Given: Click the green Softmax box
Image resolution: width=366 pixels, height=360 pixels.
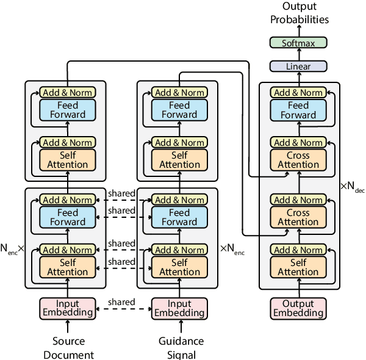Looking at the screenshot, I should pyautogui.click(x=298, y=43).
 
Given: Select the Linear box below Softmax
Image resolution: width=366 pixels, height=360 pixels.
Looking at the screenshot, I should pyautogui.click(x=298, y=67).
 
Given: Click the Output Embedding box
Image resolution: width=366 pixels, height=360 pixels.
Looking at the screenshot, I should pyautogui.click(x=298, y=308).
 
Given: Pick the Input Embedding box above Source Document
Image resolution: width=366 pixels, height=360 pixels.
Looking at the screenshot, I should pyautogui.click(x=68, y=308).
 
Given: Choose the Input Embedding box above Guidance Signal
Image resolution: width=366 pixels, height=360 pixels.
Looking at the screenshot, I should pyautogui.click(x=179, y=308).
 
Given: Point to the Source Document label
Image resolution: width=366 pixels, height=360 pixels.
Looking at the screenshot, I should pyautogui.click(x=68, y=348).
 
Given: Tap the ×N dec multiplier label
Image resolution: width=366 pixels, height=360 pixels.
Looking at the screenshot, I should pyautogui.click(x=353, y=186).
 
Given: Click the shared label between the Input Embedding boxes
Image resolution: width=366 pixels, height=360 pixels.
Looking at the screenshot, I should pyautogui.click(x=121, y=302).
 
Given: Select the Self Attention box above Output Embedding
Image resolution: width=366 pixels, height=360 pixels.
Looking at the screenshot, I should pyautogui.click(x=298, y=267).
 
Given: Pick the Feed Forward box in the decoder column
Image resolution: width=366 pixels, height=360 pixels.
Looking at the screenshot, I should pyautogui.click(x=298, y=110).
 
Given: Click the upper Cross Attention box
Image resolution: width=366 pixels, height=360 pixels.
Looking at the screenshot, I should pyautogui.click(x=298, y=160).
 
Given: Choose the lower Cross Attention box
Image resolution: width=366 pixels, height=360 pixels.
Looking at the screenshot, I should pyautogui.click(x=298, y=217).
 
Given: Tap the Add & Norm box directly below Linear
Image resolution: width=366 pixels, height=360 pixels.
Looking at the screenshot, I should pyautogui.click(x=298, y=93).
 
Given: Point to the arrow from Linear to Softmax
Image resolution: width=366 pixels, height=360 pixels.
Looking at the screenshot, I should pyautogui.click(x=298, y=54).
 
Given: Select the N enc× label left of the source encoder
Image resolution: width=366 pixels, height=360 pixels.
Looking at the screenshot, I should pyautogui.click(x=12, y=249).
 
